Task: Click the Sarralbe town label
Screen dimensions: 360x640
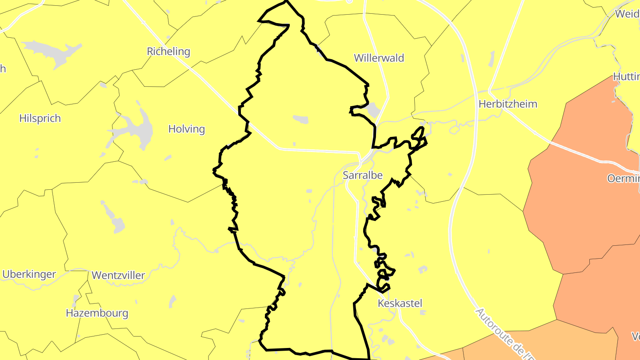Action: point(363,175)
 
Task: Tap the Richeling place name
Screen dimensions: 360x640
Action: point(168,52)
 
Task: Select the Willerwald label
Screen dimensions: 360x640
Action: point(379,58)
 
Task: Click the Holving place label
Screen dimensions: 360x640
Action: point(186,129)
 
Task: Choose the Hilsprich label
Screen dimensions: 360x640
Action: point(40,118)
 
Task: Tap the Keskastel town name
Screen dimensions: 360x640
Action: point(400,303)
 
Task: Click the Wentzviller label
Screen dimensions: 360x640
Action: point(118,275)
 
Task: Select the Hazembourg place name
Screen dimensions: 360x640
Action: point(97,313)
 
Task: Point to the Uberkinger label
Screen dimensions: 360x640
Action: point(29,274)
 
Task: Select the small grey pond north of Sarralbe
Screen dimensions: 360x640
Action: point(301,119)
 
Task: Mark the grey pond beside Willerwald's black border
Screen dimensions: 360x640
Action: point(372,109)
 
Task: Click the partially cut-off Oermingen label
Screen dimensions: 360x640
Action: point(623,178)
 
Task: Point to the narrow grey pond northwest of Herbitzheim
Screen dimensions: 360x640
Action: point(491,59)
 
